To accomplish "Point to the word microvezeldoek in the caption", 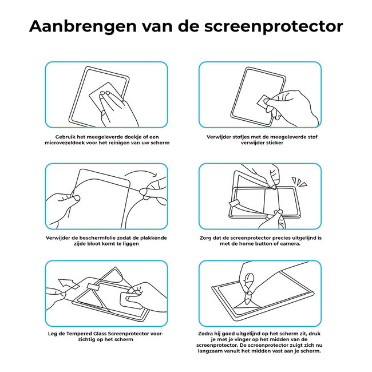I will (x=74, y=143).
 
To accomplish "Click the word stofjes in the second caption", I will (x=242, y=137).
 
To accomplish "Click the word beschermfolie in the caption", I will (x=91, y=237).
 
